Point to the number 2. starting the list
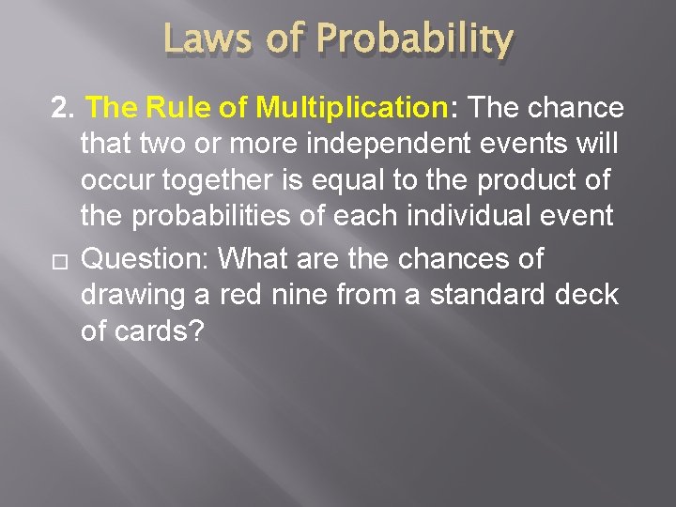64,108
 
